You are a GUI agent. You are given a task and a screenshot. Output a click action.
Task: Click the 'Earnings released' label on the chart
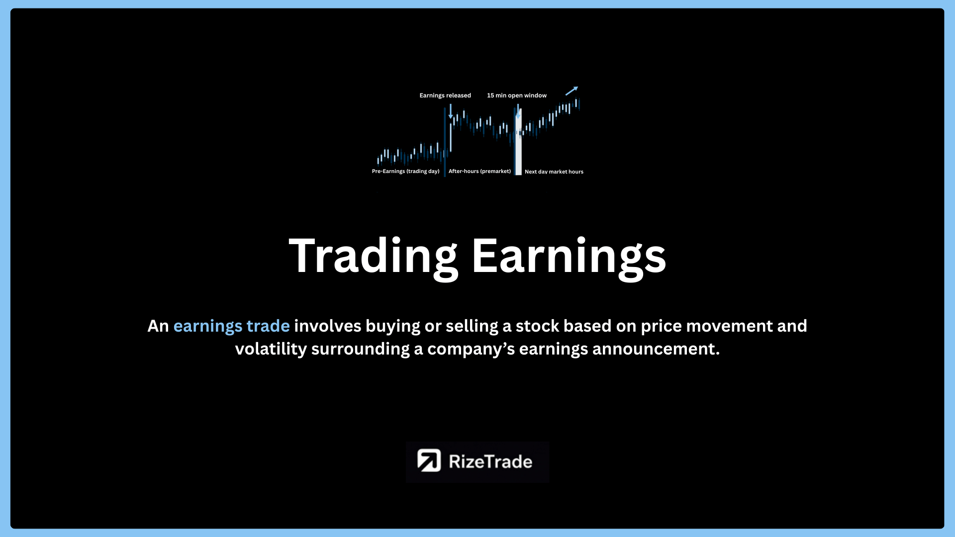pos(445,95)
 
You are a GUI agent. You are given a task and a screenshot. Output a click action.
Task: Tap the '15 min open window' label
pos(517,95)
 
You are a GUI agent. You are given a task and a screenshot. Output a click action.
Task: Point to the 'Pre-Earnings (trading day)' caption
pos(406,172)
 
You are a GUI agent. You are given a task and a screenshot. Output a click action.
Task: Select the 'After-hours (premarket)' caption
pos(479,172)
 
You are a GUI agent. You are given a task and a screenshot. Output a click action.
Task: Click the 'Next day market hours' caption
pos(554,172)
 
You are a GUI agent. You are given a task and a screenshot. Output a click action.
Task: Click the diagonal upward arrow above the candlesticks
pos(572,91)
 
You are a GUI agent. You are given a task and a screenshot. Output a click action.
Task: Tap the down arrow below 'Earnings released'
pos(451,111)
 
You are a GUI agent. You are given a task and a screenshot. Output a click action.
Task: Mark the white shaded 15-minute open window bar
pos(518,142)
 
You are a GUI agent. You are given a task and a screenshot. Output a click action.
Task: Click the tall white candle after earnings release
pos(451,137)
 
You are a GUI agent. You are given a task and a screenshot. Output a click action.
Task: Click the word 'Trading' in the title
pos(373,257)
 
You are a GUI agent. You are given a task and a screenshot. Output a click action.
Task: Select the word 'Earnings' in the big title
pos(569,257)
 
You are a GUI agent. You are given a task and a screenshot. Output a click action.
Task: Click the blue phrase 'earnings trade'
pos(231,326)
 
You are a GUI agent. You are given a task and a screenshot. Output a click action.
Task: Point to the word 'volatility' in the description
pos(271,349)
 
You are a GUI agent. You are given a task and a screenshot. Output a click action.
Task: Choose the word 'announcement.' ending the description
pos(656,349)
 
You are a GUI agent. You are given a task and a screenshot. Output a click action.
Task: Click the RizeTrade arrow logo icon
pos(429,460)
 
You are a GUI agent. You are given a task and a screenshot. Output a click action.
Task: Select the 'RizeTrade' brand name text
pos(490,461)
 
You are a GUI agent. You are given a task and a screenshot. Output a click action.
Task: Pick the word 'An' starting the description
pos(158,326)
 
